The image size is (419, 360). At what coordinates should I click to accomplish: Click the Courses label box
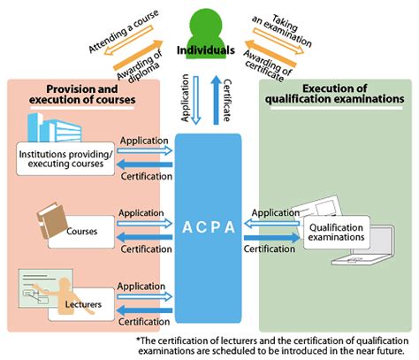click(81, 233)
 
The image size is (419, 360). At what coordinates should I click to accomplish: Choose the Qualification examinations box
click(338, 232)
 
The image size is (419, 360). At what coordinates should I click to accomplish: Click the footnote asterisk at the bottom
click(139, 341)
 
